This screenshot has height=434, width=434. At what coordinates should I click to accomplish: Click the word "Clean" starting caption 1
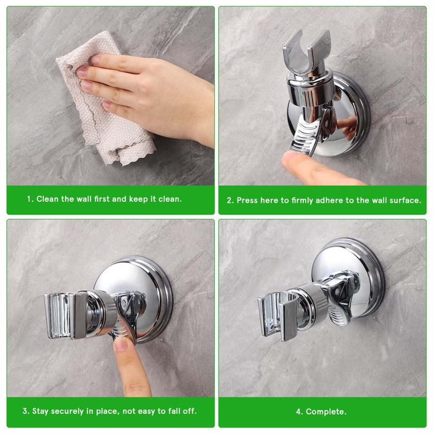coord(48,199)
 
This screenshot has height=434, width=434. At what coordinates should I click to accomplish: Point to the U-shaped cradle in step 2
coord(307,53)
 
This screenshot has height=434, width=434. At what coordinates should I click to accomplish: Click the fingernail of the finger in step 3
coord(121,344)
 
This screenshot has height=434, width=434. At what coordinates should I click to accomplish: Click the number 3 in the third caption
coord(25,411)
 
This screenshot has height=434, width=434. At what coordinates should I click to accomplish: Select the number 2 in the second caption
coord(229,200)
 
